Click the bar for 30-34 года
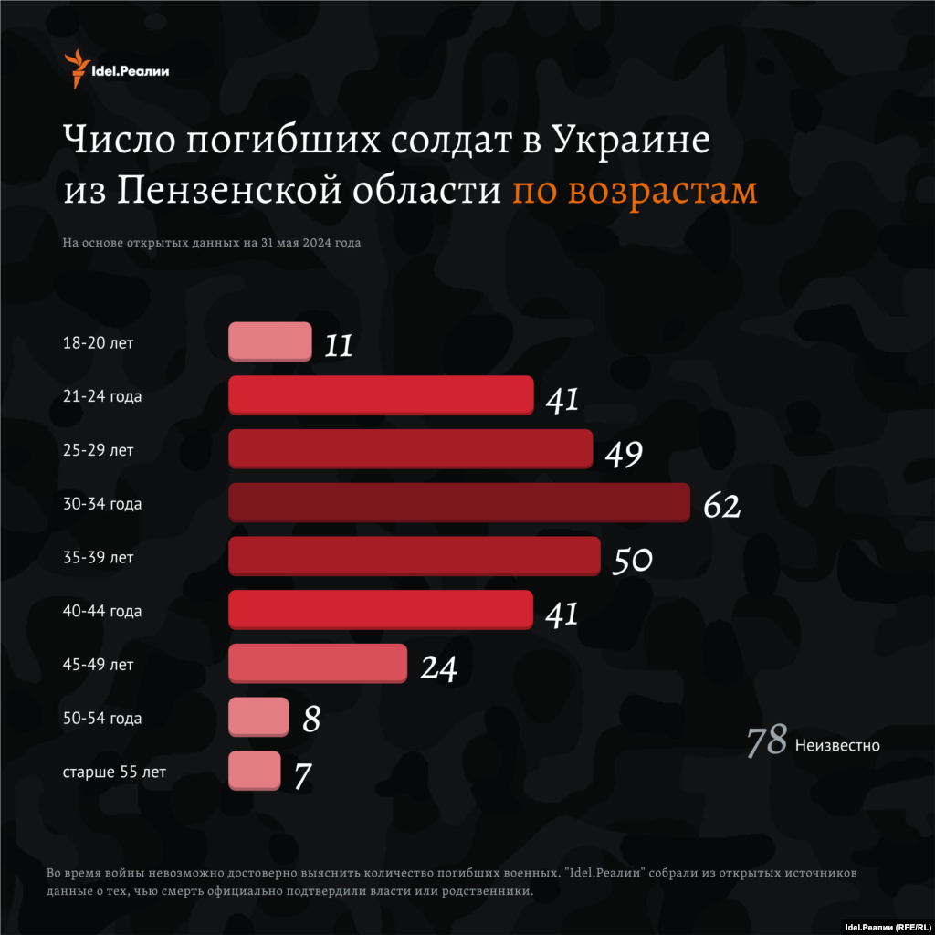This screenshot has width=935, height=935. point(458,503)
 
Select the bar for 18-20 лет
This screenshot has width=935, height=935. point(269,341)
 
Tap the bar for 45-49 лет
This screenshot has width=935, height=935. point(317,663)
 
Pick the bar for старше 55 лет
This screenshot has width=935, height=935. point(254,771)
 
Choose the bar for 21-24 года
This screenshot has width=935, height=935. point(381,395)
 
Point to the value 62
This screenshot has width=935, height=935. point(721,507)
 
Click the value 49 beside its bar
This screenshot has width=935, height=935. point(624,453)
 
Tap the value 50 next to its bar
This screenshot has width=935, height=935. point(632,560)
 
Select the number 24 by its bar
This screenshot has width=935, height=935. point(438,667)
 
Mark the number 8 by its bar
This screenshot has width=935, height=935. point(311,720)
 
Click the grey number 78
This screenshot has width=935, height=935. point(766,742)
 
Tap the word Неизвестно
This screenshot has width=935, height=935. point(837,745)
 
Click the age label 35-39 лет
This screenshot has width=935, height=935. point(98,557)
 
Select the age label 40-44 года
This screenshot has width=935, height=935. point(102,611)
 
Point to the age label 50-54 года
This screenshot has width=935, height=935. point(102,719)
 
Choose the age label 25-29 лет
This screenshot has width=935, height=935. point(98,449)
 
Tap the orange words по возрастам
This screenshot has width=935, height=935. point(634,191)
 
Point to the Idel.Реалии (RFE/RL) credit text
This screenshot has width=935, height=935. point(886,925)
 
